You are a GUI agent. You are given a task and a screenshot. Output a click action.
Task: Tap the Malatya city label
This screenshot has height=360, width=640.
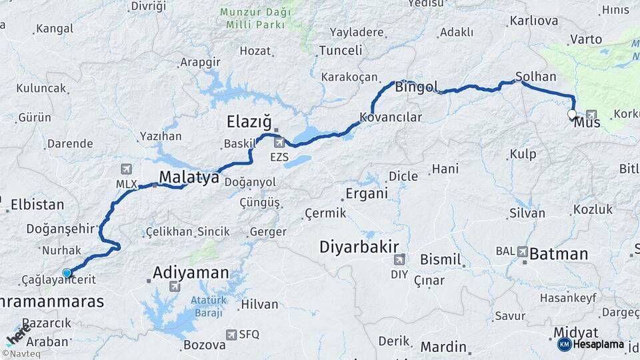pyautogui.click(x=189, y=177)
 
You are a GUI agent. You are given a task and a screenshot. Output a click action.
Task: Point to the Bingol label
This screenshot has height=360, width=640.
pyautogui.click(x=417, y=87)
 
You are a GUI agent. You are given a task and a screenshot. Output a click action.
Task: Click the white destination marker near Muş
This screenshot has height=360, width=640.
pyautogui.click(x=572, y=115)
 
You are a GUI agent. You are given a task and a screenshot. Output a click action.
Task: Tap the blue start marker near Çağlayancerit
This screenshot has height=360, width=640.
pyautogui.click(x=67, y=273)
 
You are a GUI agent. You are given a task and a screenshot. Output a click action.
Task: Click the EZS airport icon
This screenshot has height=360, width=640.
pyautogui.click(x=279, y=142)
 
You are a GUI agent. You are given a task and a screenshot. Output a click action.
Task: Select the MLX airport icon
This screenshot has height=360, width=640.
pyautogui.click(x=127, y=169)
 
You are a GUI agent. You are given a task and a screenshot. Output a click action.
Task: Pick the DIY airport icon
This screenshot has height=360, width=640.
pyautogui.click(x=399, y=259)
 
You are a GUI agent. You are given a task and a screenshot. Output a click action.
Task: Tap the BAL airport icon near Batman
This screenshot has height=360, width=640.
pyautogui.click(x=521, y=252)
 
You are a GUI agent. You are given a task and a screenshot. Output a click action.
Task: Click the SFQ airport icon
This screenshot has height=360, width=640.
pyautogui.click(x=231, y=335)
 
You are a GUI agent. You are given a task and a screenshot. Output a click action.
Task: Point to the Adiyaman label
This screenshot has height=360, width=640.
pyautogui.click(x=191, y=272)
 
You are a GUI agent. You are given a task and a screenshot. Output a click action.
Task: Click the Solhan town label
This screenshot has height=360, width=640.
pyautogui.click(x=532, y=76)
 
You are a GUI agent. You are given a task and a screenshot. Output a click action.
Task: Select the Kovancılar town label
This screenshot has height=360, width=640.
pyautogui.click(x=391, y=117)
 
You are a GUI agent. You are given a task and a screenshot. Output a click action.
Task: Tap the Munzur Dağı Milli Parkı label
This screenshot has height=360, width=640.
pyautogui.click(x=253, y=19)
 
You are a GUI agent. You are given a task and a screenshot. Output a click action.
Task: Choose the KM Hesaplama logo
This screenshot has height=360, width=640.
pyautogui.click(x=591, y=344)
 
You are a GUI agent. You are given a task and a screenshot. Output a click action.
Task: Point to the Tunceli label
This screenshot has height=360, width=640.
pyautogui.click(x=341, y=51)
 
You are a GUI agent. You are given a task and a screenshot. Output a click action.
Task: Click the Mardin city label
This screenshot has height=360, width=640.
pyautogui.click(x=443, y=347)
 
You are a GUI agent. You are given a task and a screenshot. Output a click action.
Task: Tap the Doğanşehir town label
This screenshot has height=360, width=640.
pyautogui.click(x=60, y=229)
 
